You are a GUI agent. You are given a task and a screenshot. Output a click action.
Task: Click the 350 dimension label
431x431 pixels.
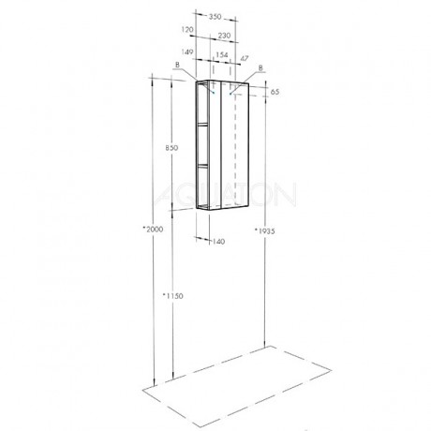(215, 17)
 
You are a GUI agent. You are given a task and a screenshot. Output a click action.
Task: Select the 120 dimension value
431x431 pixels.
(187, 30)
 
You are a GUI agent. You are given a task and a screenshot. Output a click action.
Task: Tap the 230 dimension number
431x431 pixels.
(224, 36)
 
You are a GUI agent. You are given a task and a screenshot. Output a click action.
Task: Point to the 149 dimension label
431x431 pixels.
(187, 52)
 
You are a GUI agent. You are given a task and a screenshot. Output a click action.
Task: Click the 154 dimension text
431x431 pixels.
(222, 55)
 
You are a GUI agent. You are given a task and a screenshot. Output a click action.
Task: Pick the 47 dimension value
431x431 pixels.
(245, 58)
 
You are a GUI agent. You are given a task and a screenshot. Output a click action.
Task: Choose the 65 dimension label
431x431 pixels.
(275, 92)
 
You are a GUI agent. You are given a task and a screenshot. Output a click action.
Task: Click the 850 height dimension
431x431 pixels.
(171, 148)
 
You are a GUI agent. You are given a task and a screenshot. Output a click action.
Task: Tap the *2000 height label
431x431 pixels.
(153, 230)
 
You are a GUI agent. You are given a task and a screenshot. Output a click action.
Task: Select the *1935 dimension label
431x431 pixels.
(264, 231)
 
